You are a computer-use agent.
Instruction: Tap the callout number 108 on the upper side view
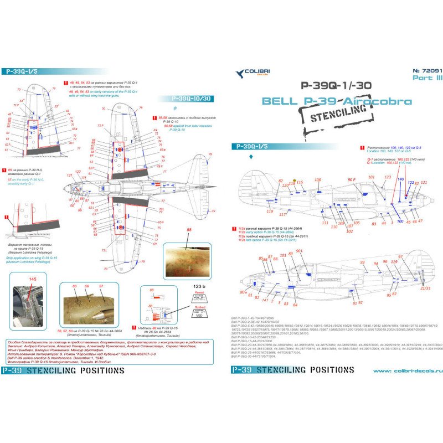pos(317,180)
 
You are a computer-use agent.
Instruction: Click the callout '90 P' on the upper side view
pos(352,180)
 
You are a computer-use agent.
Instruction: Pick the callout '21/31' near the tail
pos(425,288)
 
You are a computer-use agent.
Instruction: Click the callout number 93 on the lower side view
pos(362,262)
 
